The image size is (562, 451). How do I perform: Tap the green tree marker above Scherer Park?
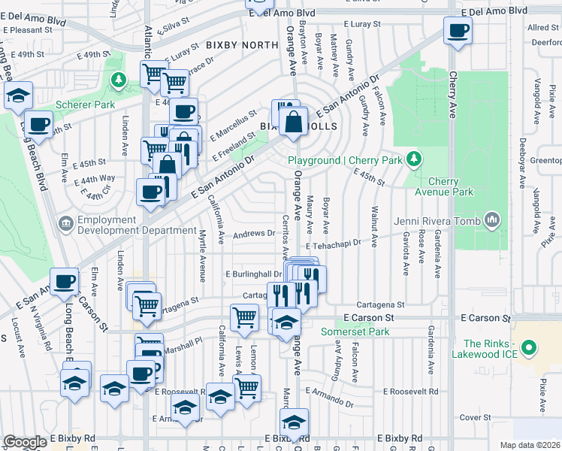[117, 79]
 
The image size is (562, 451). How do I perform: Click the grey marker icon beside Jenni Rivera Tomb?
[492, 219]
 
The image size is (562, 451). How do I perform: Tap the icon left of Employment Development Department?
[65, 223]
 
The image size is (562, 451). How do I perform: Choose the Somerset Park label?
[355, 331]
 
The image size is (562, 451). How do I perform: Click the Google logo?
[25, 442]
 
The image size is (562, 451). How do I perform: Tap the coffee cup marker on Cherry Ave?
[457, 32]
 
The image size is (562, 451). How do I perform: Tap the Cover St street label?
[475, 417]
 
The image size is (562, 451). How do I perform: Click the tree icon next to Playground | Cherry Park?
[412, 159]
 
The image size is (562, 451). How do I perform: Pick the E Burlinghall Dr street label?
[253, 274]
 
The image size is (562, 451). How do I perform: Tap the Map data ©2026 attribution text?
[530, 445]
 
